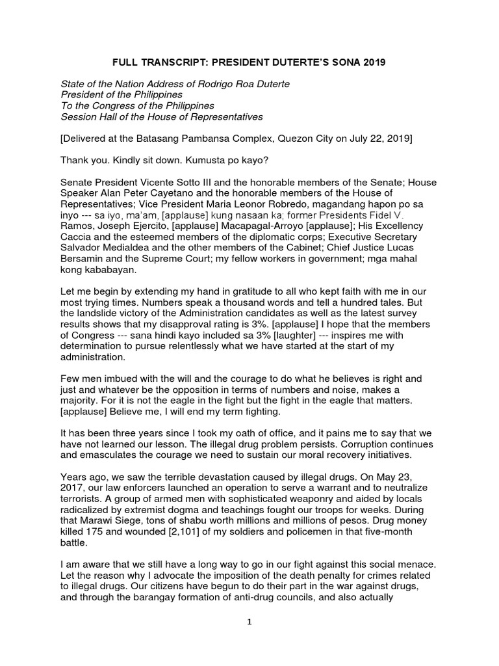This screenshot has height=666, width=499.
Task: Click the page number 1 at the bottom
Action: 249,639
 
